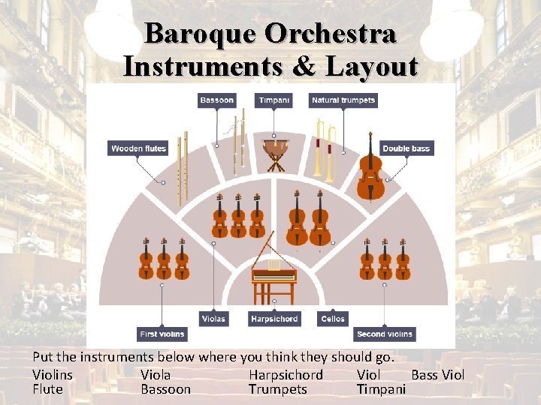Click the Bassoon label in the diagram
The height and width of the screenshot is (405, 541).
[216, 100]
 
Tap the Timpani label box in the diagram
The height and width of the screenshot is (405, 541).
[275, 100]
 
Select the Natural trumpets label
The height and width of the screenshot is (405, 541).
[343, 100]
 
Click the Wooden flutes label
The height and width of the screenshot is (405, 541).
[138, 148]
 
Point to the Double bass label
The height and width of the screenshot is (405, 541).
[406, 148]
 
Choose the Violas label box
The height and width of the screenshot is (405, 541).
[213, 319]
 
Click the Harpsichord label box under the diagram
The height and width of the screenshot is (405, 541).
[274, 319]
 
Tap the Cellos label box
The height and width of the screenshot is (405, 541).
[333, 319]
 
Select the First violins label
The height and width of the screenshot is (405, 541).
[162, 334]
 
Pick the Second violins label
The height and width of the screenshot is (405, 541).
[385, 334]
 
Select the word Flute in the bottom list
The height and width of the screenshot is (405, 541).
[48, 389]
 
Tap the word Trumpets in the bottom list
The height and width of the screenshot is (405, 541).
[278, 389]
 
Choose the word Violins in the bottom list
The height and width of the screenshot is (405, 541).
[53, 375]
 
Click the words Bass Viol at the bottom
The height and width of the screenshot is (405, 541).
[438, 375]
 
